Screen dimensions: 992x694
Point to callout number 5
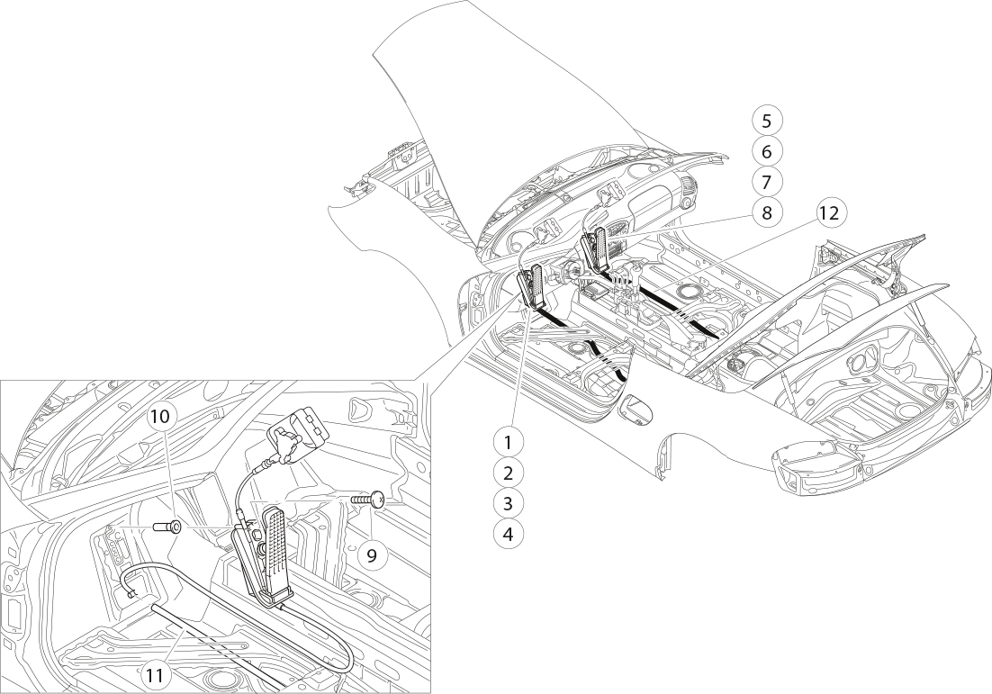(767, 121)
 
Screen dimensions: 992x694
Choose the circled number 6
(767, 151)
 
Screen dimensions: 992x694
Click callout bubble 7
(767, 182)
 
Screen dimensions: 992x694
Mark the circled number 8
(767, 212)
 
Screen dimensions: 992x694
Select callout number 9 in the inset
(372, 555)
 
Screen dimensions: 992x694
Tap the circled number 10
(161, 417)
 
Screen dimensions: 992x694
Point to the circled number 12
(829, 213)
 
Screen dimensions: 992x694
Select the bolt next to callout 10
(167, 526)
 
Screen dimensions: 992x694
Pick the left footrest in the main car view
(532, 286)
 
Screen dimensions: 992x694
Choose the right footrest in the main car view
(596, 250)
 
